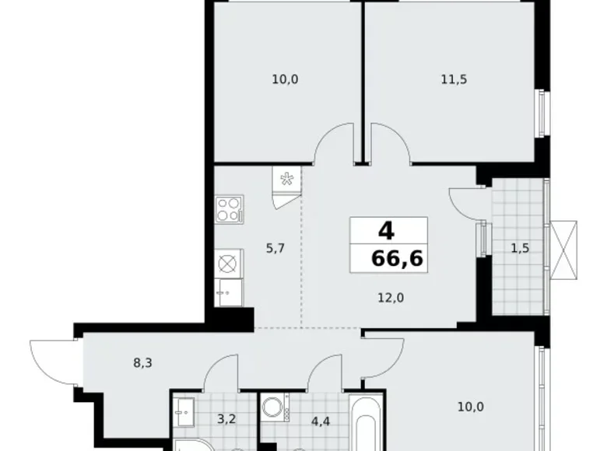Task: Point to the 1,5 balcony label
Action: [521, 249]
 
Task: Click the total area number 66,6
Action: [397, 258]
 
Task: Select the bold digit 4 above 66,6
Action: [384, 232]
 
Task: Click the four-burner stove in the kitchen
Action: [228, 208]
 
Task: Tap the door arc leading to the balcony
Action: [465, 205]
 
